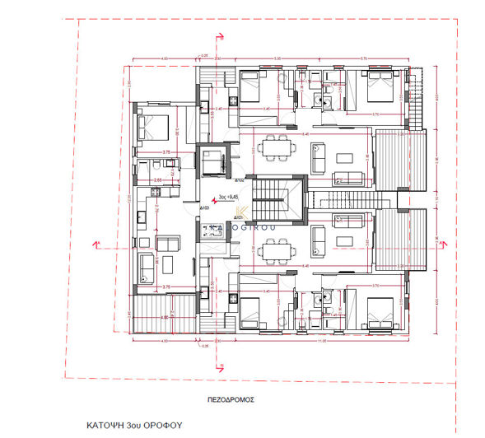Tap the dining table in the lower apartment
point(272,248)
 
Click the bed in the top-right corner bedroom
point(376,84)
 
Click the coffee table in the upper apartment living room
point(320,153)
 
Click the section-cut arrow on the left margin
point(97,244)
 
